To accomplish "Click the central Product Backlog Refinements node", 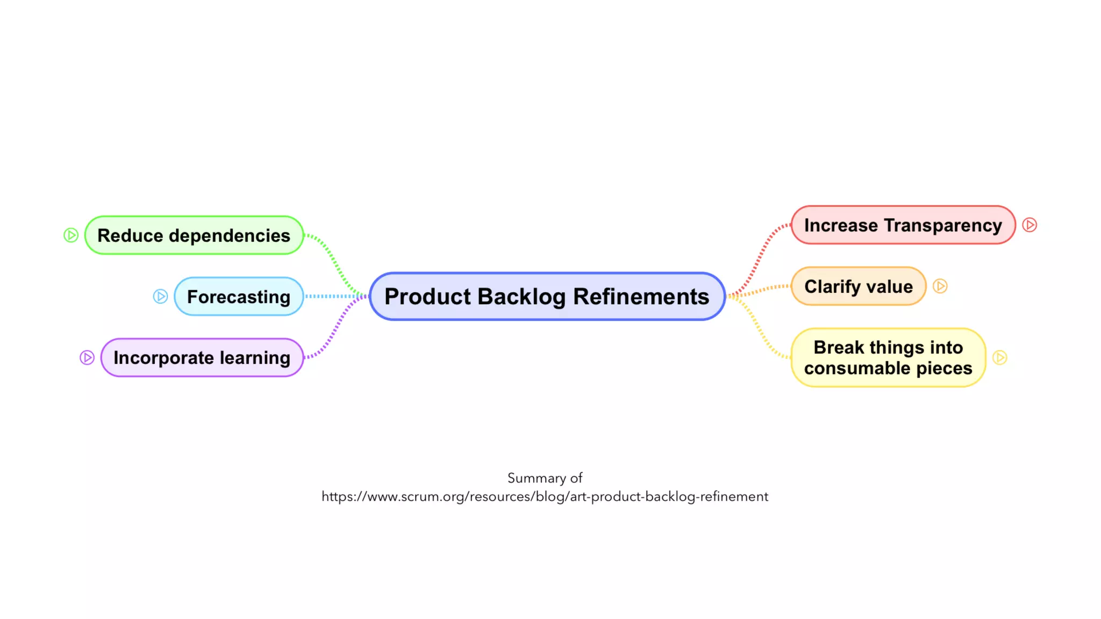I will point(547,297).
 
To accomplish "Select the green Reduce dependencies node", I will point(194,235).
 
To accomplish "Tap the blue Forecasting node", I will point(239,297).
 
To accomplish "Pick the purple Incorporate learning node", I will point(202,358).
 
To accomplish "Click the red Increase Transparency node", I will point(903,225).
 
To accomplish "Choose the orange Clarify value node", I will point(858,286).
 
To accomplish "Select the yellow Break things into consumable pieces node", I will point(888,358).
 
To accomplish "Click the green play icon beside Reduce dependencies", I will point(71,235).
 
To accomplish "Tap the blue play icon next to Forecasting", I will point(160,297).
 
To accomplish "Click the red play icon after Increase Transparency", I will point(1029,225).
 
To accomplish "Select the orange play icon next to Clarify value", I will point(940,286).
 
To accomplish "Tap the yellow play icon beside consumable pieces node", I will point(999,358).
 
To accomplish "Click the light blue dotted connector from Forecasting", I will point(333,296).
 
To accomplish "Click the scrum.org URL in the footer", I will point(545,496).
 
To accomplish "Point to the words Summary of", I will point(545,478).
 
